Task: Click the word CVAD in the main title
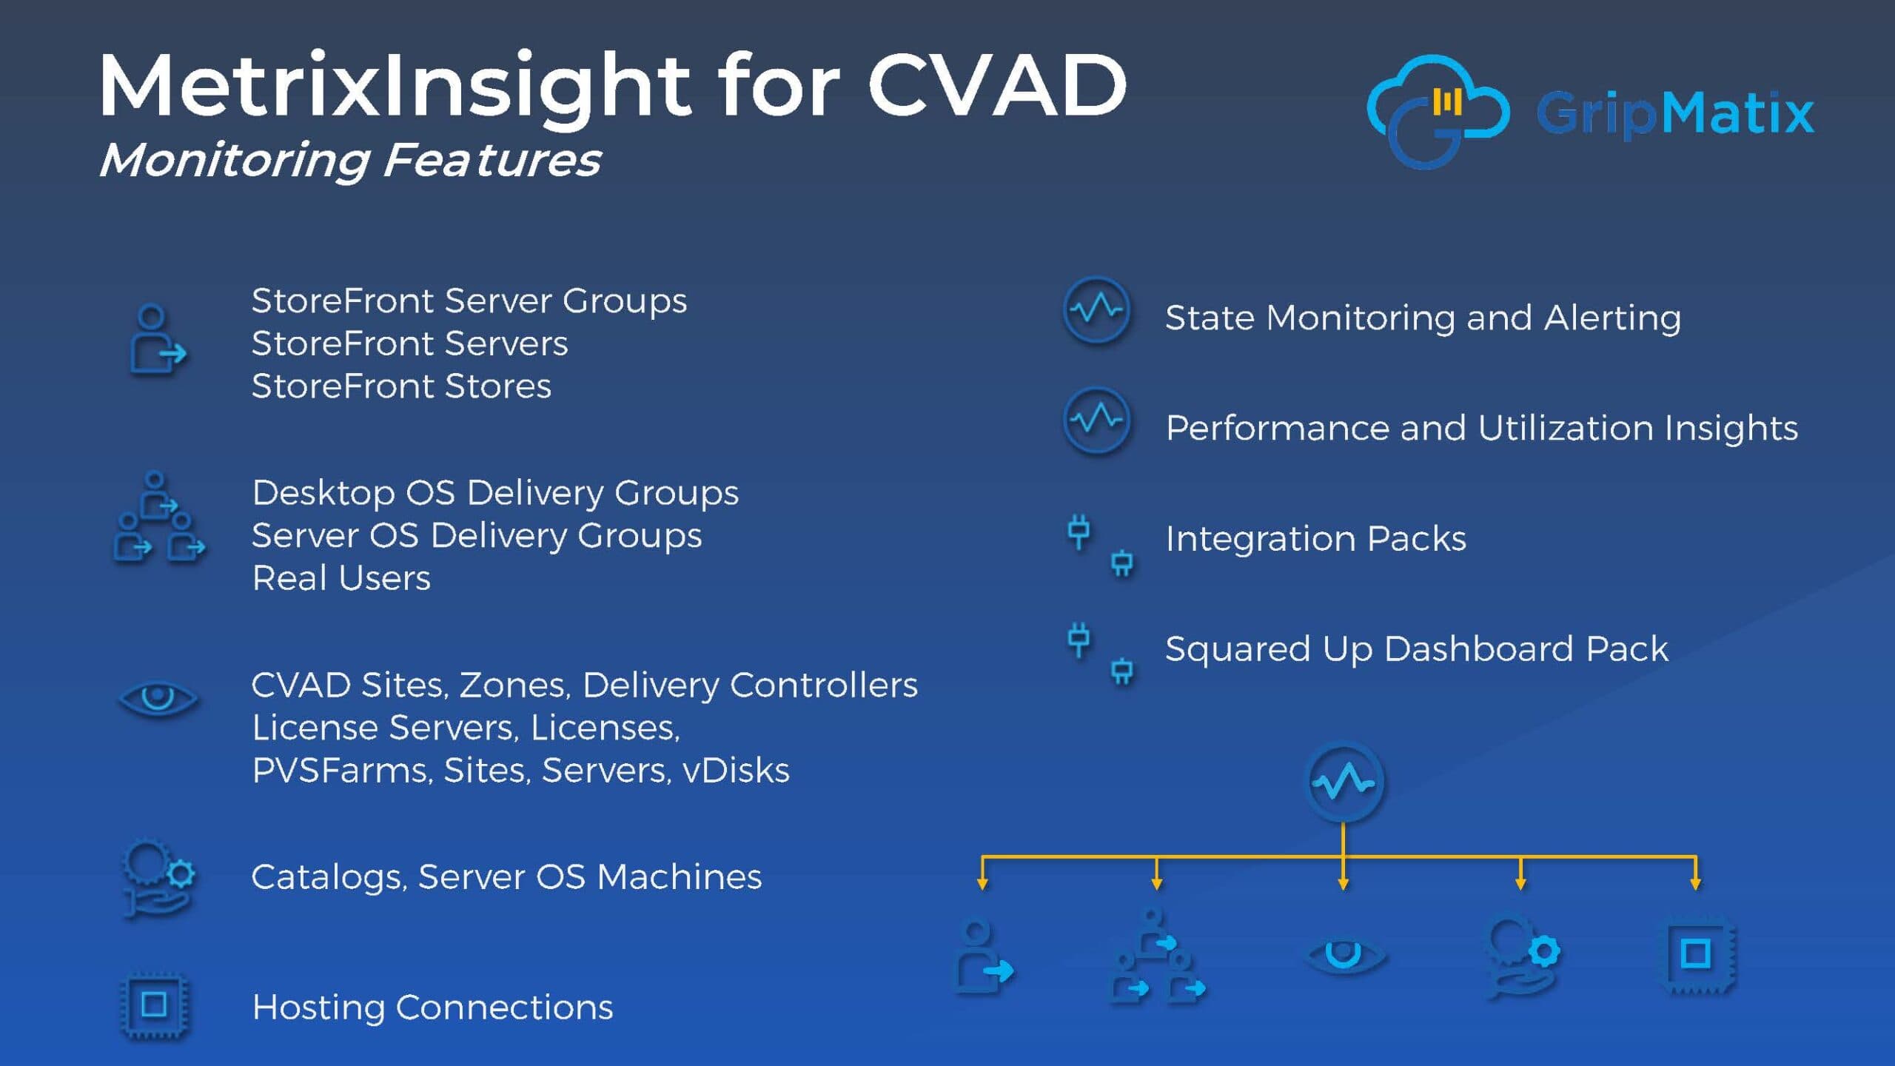pos(997,85)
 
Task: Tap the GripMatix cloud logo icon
pos(1436,111)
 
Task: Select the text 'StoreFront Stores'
pos(401,386)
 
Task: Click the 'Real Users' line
pos(341,578)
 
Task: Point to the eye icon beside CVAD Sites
pos(158,698)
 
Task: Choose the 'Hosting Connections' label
pos(432,1008)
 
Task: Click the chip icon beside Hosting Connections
pos(154,1005)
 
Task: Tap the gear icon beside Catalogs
pos(158,878)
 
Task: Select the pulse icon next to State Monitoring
pos(1097,310)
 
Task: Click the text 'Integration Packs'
pos(1315,539)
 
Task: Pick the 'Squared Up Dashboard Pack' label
pos(1417,649)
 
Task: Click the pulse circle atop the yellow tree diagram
pos(1343,782)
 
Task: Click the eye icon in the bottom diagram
pos(1344,955)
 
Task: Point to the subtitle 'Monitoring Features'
pos(350,161)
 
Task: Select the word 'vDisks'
pos(736,771)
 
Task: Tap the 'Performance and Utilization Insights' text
pos(1481,429)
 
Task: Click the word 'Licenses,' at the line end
pos(605,728)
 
